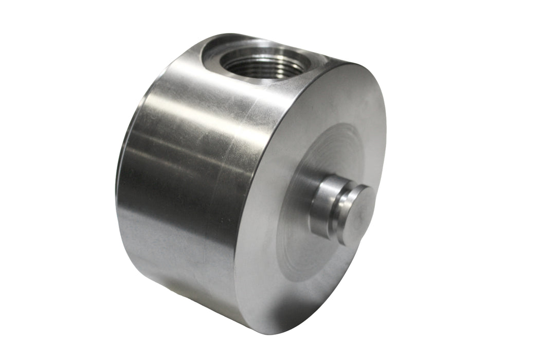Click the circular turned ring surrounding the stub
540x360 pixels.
click(x=309, y=154)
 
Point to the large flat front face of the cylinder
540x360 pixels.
click(x=288, y=247)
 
